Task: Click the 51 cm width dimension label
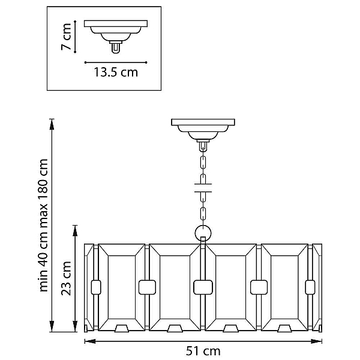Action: [x=203, y=351]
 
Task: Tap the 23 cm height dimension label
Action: [x=66, y=278]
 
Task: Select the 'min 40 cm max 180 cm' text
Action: [x=43, y=225]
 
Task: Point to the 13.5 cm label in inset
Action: [x=116, y=72]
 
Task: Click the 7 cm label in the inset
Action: [x=66, y=37]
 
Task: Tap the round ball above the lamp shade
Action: [x=203, y=233]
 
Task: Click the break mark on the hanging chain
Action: [x=203, y=188]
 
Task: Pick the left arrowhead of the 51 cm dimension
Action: [x=90, y=341]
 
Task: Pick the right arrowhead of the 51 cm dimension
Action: [x=316, y=341]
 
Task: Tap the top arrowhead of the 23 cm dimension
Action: [x=75, y=231]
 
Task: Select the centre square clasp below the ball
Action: [x=203, y=287]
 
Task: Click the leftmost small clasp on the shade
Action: [x=96, y=287]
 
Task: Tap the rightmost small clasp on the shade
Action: [x=310, y=287]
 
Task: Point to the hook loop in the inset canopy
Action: [x=116, y=48]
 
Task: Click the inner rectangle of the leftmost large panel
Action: [x=122, y=287]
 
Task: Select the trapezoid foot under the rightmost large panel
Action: [x=284, y=328]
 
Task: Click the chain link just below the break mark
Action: [x=203, y=197]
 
